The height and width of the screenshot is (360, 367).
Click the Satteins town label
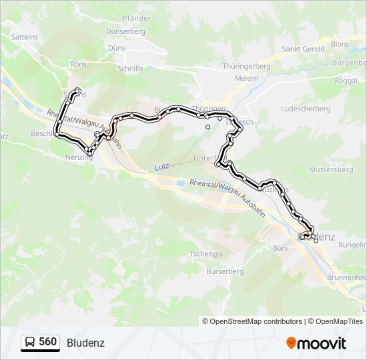click(24, 37)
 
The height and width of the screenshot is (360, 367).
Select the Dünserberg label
click(125, 31)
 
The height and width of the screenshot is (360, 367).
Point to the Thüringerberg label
click(246, 67)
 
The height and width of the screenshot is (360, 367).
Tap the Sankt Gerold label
click(303, 49)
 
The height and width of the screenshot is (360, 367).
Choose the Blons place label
click(340, 44)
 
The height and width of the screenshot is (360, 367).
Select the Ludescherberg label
click(306, 109)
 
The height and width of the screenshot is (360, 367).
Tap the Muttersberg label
click(332, 169)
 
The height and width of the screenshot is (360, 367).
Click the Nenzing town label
click(79, 158)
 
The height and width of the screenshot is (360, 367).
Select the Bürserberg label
click(224, 271)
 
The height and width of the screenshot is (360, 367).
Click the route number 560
click(47, 342)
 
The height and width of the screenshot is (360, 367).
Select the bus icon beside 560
click(30, 343)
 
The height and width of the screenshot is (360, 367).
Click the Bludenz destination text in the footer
click(85, 343)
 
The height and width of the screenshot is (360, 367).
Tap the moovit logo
click(316, 343)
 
